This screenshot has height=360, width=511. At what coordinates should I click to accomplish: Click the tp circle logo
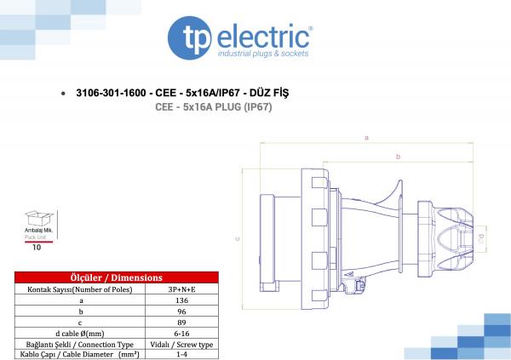click(x=189, y=38)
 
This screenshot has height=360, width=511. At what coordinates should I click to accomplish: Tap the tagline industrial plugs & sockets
click(x=263, y=54)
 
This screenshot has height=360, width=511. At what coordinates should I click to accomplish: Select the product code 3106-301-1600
click(x=111, y=93)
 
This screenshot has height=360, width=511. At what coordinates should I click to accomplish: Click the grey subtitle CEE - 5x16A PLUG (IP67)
click(x=214, y=107)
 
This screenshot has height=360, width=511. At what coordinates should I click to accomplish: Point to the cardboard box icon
click(x=39, y=218)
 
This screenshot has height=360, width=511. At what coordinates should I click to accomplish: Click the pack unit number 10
click(x=37, y=248)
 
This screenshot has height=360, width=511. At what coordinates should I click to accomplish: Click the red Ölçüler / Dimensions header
click(x=117, y=277)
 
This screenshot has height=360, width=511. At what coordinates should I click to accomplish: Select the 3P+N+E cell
click(x=181, y=289)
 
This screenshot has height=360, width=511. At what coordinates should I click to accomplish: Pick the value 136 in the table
click(x=181, y=300)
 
